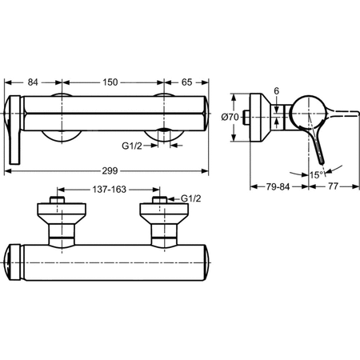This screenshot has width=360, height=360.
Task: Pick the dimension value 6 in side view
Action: coord(278,92)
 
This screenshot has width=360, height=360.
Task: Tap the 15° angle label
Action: coord(317,174)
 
